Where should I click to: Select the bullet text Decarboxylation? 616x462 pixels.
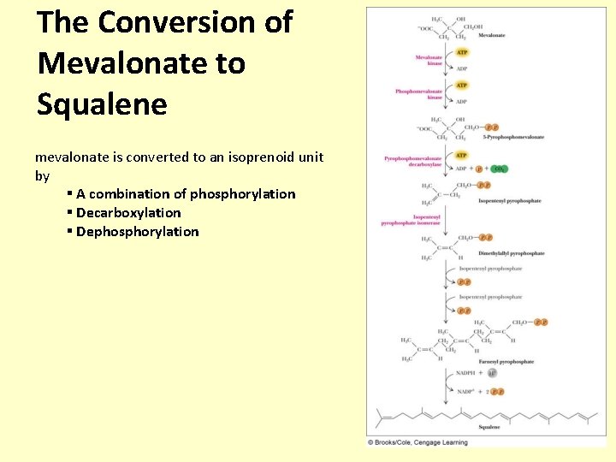[x=128, y=212]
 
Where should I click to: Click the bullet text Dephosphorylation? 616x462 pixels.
[x=137, y=231]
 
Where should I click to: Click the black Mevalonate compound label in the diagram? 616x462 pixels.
[x=491, y=35]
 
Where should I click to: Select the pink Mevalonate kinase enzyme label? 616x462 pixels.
[x=429, y=61]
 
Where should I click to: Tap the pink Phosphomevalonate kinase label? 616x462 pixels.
[x=418, y=94]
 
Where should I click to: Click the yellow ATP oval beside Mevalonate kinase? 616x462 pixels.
[x=461, y=53]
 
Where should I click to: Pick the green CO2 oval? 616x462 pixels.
[x=499, y=169]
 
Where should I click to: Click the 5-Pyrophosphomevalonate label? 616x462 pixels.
[x=513, y=137]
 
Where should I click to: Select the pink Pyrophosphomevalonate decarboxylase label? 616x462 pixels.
[x=413, y=161]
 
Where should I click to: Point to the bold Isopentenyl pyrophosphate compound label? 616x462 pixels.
[x=509, y=201]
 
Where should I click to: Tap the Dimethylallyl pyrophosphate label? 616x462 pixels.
[x=512, y=253]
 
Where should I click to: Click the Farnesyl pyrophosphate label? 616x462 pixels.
[x=506, y=362]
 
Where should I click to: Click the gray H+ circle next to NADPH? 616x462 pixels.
[x=492, y=373]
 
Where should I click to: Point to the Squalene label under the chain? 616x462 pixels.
[x=489, y=427]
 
